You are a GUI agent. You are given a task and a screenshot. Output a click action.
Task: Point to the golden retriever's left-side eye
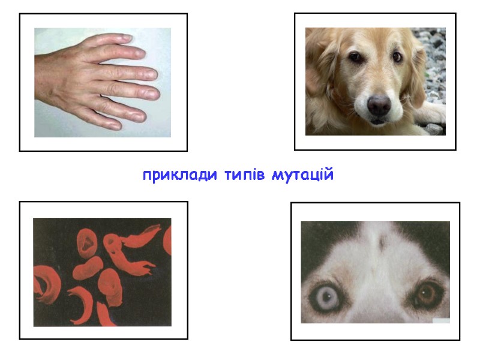point(355,57)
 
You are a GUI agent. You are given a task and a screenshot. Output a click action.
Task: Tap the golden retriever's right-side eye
point(397,56)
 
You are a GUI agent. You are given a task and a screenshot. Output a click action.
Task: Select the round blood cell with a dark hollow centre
point(88,242)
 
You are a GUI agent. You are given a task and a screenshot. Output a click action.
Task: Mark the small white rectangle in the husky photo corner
point(440,321)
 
